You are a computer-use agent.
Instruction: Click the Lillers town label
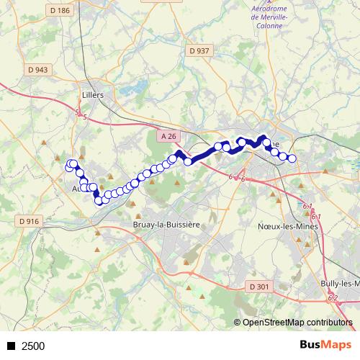click(x=93, y=95)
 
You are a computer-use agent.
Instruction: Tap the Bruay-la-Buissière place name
click(x=166, y=225)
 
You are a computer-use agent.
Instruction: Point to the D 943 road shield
click(x=40, y=70)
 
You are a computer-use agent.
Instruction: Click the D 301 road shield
click(x=259, y=287)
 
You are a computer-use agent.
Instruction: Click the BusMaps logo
click(x=325, y=345)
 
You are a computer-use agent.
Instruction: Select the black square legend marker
click(x=11, y=346)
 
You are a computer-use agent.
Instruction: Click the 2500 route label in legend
click(x=33, y=346)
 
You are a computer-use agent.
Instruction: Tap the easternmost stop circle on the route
click(x=292, y=158)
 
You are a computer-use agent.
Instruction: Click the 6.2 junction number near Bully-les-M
click(x=332, y=297)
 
